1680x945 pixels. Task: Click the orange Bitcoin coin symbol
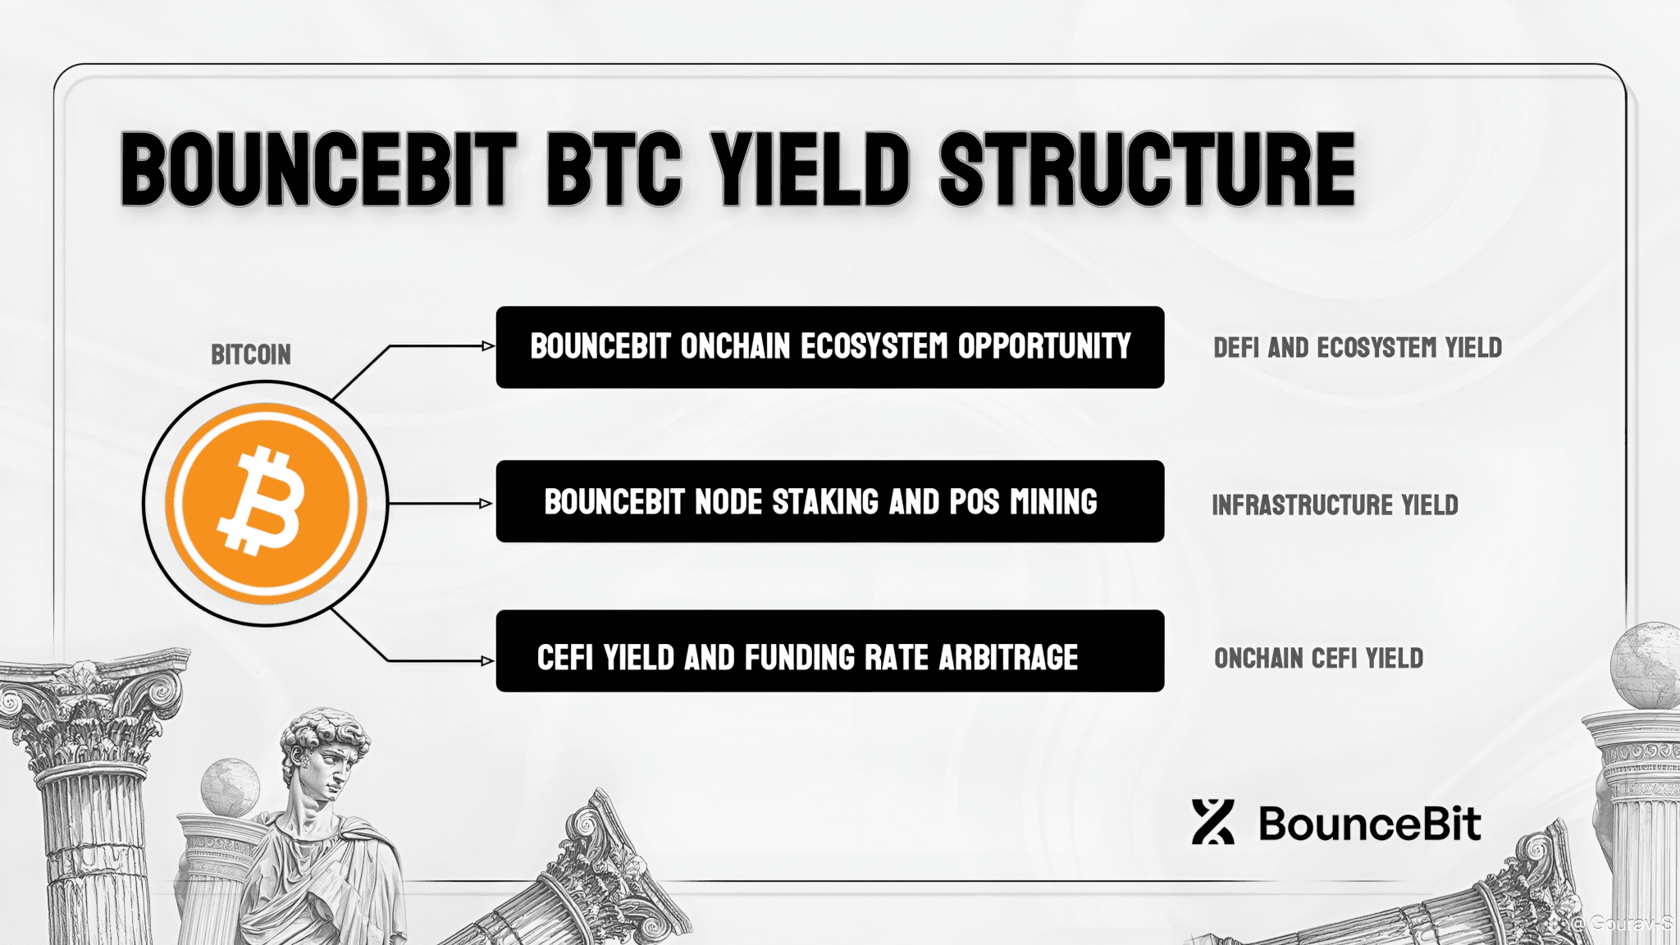pyautogui.click(x=265, y=503)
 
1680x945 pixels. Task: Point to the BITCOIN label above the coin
pyautogui.click(x=251, y=354)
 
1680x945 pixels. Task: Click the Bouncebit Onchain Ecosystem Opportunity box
pyautogui.click(x=829, y=347)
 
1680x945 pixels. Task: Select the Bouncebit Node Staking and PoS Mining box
pyautogui.click(x=829, y=501)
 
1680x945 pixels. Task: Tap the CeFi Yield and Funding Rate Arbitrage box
pyautogui.click(x=829, y=651)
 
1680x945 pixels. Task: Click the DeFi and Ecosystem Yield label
pyautogui.click(x=1358, y=348)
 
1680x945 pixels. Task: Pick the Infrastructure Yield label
pyautogui.click(x=1335, y=504)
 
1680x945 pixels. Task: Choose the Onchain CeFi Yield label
pyautogui.click(x=1318, y=658)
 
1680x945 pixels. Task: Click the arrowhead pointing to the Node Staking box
pyautogui.click(x=486, y=503)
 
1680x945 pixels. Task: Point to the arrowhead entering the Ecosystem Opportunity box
pyautogui.click(x=488, y=346)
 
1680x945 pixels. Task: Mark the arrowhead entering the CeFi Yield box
pyautogui.click(x=487, y=660)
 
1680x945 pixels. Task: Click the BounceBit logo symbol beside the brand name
pyautogui.click(x=1212, y=822)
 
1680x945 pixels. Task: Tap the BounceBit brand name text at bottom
pyautogui.click(x=1370, y=824)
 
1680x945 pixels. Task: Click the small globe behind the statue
pyautogui.click(x=230, y=788)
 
